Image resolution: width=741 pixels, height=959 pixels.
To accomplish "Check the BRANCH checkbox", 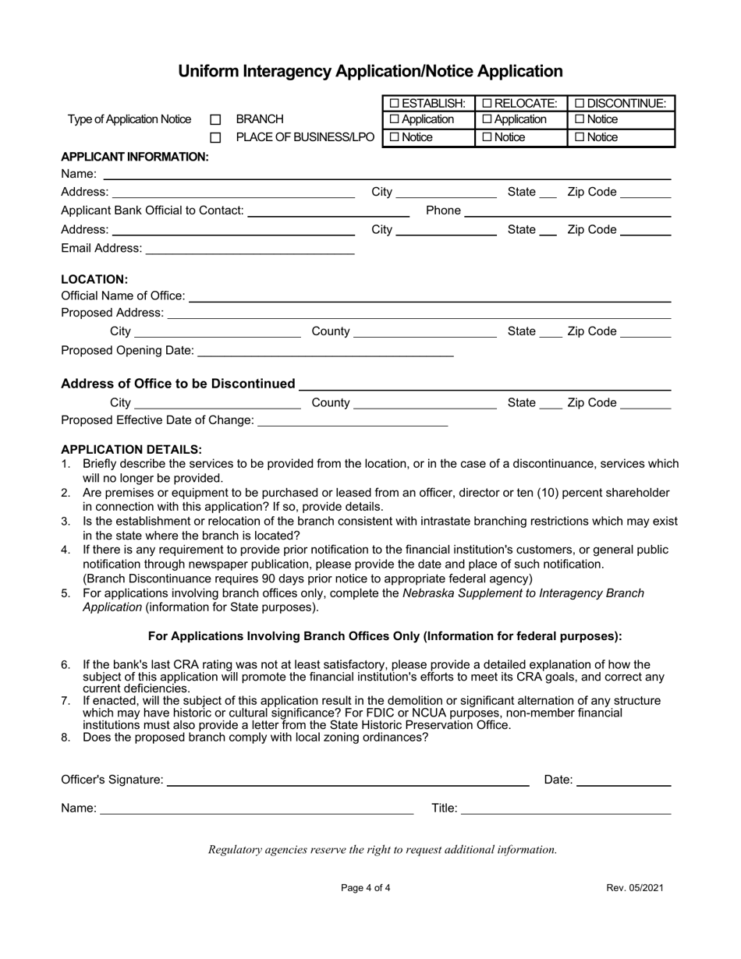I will point(216,120).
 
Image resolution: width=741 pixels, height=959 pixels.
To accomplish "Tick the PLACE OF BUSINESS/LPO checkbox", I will point(216,138).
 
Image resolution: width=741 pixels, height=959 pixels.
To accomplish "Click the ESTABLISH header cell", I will point(427,103).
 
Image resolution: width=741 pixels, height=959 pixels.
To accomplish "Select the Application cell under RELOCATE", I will point(519,119).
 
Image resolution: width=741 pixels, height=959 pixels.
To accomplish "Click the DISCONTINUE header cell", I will point(620,103).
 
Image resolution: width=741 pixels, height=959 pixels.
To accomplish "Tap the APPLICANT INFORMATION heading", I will point(135,156).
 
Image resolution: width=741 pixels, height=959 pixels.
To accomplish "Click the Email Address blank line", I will point(250,248).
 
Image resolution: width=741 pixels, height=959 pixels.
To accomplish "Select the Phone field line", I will point(568,211).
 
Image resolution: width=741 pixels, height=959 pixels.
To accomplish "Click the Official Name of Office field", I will point(429,295).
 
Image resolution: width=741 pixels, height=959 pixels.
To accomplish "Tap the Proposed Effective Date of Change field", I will point(352,421).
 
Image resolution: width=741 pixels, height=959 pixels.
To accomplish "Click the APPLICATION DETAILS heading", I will point(131,449).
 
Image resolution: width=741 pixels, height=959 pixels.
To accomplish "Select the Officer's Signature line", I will point(348,780).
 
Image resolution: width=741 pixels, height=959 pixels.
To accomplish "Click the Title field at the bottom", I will point(565,809).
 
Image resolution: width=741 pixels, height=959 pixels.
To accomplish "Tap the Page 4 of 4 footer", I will point(366,887).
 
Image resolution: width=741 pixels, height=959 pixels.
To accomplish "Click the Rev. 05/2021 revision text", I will point(636,887).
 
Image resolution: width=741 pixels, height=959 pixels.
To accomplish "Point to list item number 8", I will point(255,737).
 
